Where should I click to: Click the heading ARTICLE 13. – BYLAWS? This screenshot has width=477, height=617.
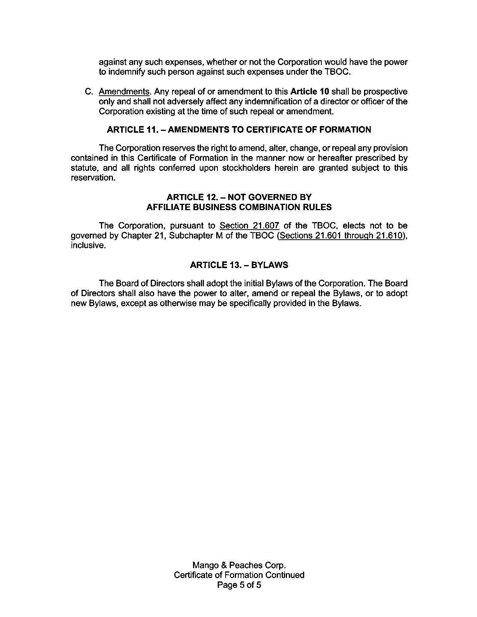click(239, 265)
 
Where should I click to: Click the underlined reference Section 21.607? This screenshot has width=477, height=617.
click(250, 226)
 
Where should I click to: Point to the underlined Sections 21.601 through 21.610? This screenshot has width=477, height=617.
click(341, 236)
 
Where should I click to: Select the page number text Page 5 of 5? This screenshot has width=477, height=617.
click(239, 585)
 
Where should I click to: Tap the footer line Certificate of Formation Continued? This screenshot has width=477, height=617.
click(239, 575)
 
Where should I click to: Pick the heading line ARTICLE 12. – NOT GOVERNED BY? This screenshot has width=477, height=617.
click(239, 197)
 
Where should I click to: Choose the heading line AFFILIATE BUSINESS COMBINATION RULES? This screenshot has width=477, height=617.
click(239, 207)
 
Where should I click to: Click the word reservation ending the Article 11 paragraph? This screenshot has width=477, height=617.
click(92, 178)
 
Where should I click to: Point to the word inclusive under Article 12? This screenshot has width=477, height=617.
click(87, 246)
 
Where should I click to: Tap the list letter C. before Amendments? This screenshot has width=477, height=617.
click(89, 92)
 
